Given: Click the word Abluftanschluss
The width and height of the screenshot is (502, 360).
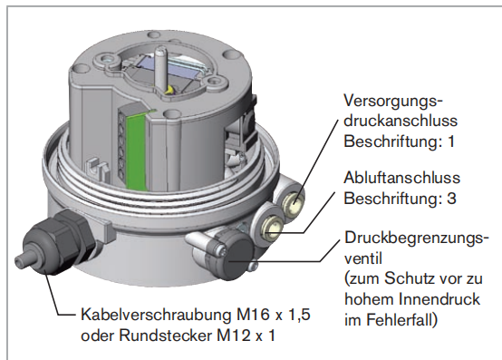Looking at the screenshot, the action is tap(401, 178).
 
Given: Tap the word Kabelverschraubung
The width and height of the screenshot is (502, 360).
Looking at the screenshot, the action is tap(156, 315).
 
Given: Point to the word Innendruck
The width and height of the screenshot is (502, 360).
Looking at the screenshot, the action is tap(439, 299).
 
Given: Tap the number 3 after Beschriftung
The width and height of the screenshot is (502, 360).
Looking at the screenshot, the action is tap(450, 199).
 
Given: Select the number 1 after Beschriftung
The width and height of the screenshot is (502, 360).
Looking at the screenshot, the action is tap(450, 141).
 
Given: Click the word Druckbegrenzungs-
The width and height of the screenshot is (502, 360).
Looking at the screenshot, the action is tap(417, 238).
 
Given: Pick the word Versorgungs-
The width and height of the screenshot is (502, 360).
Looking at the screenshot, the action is tap(393, 102).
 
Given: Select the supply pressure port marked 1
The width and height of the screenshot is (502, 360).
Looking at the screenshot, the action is tap(294, 202).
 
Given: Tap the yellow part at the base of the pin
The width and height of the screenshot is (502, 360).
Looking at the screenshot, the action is tap(169, 91).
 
